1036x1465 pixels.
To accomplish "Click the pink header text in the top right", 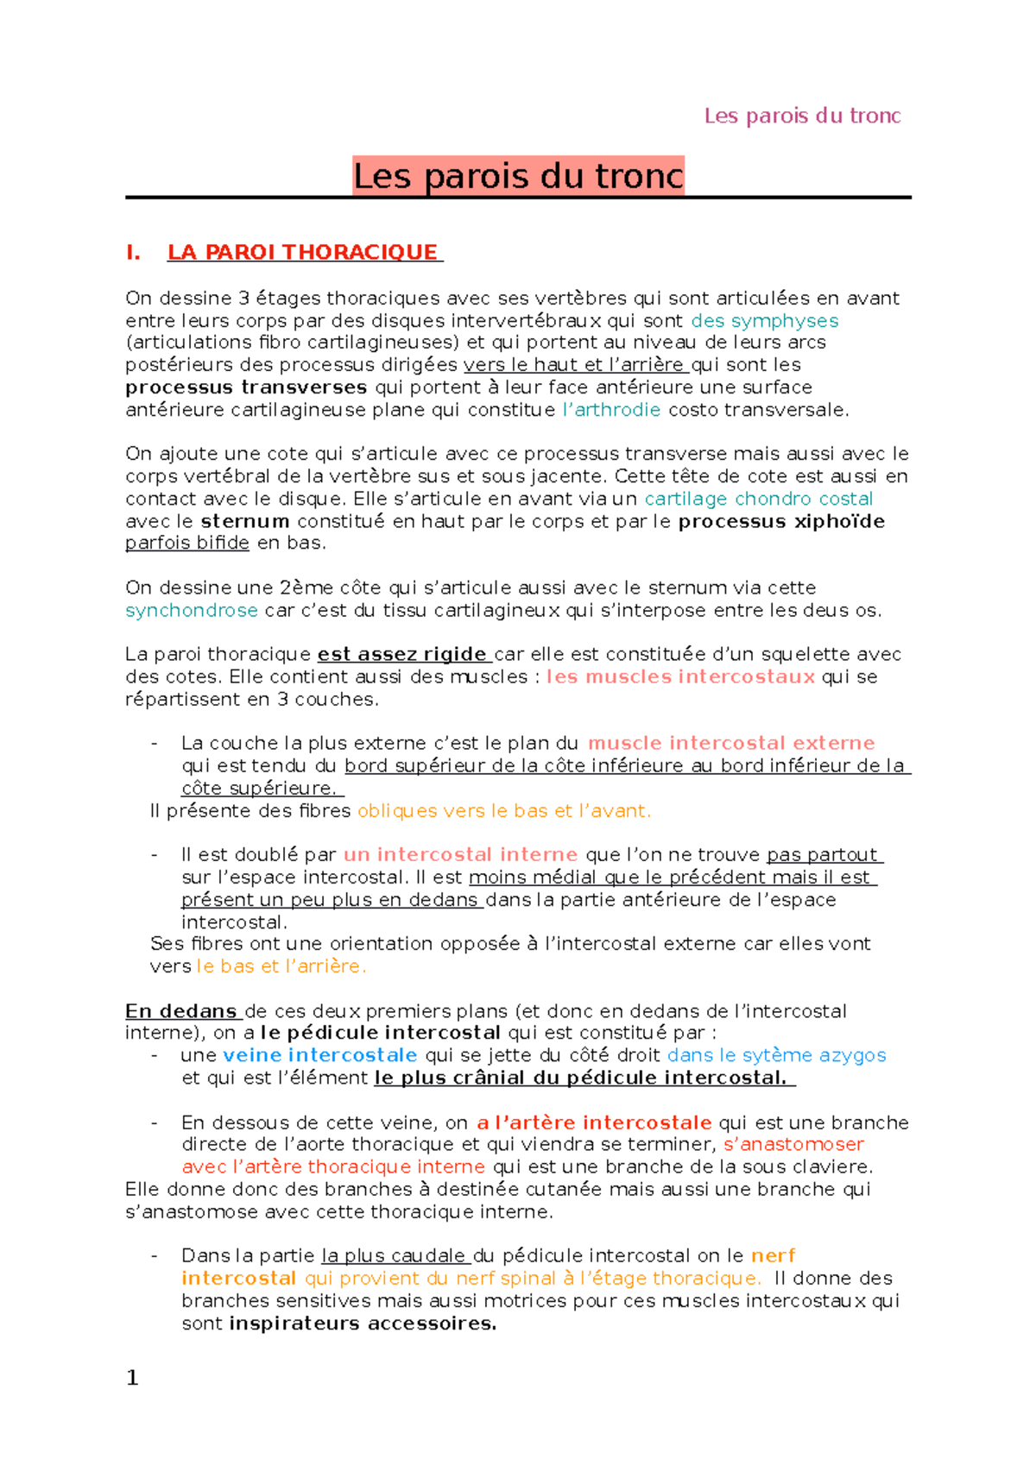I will [802, 116].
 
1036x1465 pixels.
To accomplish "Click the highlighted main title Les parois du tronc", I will [518, 176].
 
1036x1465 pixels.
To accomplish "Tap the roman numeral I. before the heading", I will [133, 252].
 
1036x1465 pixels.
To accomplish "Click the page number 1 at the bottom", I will [132, 1378].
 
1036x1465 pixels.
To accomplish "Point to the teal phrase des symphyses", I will [765, 321].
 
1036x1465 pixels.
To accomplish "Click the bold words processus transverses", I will [246, 387].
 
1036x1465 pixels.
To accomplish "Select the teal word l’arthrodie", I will [611, 410].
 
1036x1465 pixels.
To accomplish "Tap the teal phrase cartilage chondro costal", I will [759, 499].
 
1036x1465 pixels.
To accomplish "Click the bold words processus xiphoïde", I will [781, 521].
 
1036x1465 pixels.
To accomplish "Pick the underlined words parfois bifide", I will [187, 543].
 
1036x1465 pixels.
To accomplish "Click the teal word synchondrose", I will [192, 610].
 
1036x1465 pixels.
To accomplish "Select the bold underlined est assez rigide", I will [402, 654].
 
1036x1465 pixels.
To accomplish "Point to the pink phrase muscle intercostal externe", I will [731, 743].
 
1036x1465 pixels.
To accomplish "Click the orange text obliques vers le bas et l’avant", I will [504, 810].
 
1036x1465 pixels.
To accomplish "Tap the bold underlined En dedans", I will [181, 1010].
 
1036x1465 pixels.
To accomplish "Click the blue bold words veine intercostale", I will [320, 1055].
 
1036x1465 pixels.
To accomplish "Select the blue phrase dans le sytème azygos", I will [777, 1055].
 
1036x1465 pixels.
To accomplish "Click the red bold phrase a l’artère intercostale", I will [594, 1122].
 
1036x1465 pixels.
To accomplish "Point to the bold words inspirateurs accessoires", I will [363, 1324].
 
